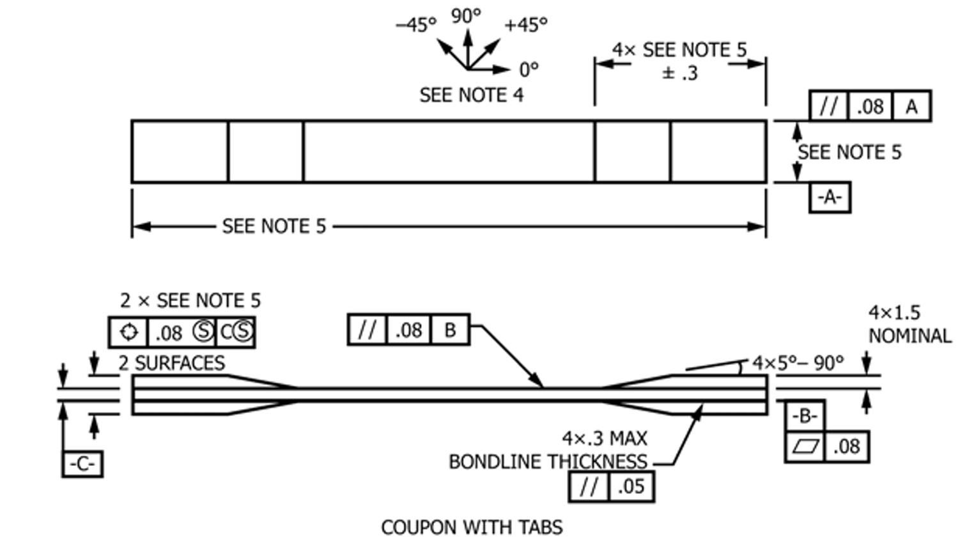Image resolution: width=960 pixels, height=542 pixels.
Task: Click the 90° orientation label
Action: click(465, 15)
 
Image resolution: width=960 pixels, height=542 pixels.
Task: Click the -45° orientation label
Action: click(415, 25)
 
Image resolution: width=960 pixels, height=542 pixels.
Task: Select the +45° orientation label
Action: click(525, 25)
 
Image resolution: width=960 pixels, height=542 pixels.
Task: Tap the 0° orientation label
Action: click(529, 69)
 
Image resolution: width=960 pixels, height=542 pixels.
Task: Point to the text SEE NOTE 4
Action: click(471, 95)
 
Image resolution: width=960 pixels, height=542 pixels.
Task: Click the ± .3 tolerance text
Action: click(679, 74)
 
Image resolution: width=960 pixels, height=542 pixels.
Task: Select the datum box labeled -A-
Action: click(829, 197)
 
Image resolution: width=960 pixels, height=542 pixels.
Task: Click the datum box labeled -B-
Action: click(804, 416)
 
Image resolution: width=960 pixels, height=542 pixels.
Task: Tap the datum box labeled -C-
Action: click(82, 464)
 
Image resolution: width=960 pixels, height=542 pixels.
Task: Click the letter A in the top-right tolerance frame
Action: click(911, 106)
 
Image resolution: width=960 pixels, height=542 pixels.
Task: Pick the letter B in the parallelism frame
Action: click(450, 330)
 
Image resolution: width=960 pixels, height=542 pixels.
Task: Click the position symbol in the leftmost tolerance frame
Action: click(128, 332)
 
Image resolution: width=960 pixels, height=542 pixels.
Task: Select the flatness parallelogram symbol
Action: click(805, 446)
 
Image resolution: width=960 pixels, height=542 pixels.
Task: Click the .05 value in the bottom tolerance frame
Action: click(631, 486)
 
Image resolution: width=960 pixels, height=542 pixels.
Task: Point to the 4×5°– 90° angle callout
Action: click(797, 363)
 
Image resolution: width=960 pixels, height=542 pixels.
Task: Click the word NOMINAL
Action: click(910, 336)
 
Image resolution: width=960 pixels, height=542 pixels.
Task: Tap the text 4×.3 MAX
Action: click(604, 438)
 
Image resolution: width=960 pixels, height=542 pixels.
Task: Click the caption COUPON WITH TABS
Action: click(472, 527)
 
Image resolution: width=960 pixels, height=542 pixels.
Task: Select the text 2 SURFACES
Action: click(171, 363)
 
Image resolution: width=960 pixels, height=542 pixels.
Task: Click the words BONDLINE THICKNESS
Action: click(548, 461)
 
